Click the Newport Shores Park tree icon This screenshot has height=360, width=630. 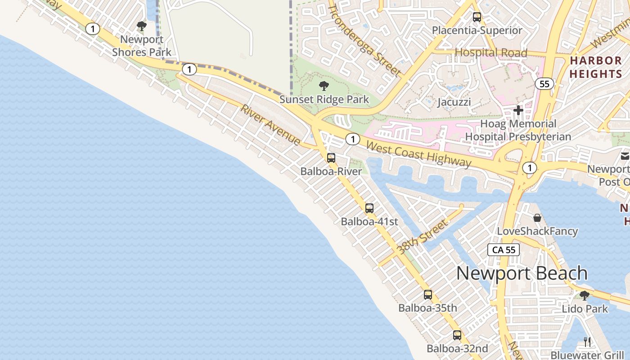coord(142,26)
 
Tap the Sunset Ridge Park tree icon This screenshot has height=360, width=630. coord(324,85)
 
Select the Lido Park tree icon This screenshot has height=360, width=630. coord(585,296)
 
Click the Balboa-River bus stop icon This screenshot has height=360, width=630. coord(331,158)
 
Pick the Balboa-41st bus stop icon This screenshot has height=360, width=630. coord(369,208)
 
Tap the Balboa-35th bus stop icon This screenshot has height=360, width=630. coord(428,295)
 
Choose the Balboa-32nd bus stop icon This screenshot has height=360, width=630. coord(457,335)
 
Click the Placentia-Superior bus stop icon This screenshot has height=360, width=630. coord(477,17)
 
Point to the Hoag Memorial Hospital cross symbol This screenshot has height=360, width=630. coord(518,110)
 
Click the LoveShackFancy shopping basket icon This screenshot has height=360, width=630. coord(537,218)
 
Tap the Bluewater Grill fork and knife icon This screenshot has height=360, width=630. coord(587,342)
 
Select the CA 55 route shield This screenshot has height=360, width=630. coord(504,250)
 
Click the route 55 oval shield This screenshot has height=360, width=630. coord(544,84)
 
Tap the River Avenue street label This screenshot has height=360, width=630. coord(270,125)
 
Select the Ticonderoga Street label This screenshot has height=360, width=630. coord(364,40)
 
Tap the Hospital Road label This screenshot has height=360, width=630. coord(490,53)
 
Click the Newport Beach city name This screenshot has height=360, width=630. coord(522,273)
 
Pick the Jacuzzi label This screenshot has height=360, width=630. coord(454,102)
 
